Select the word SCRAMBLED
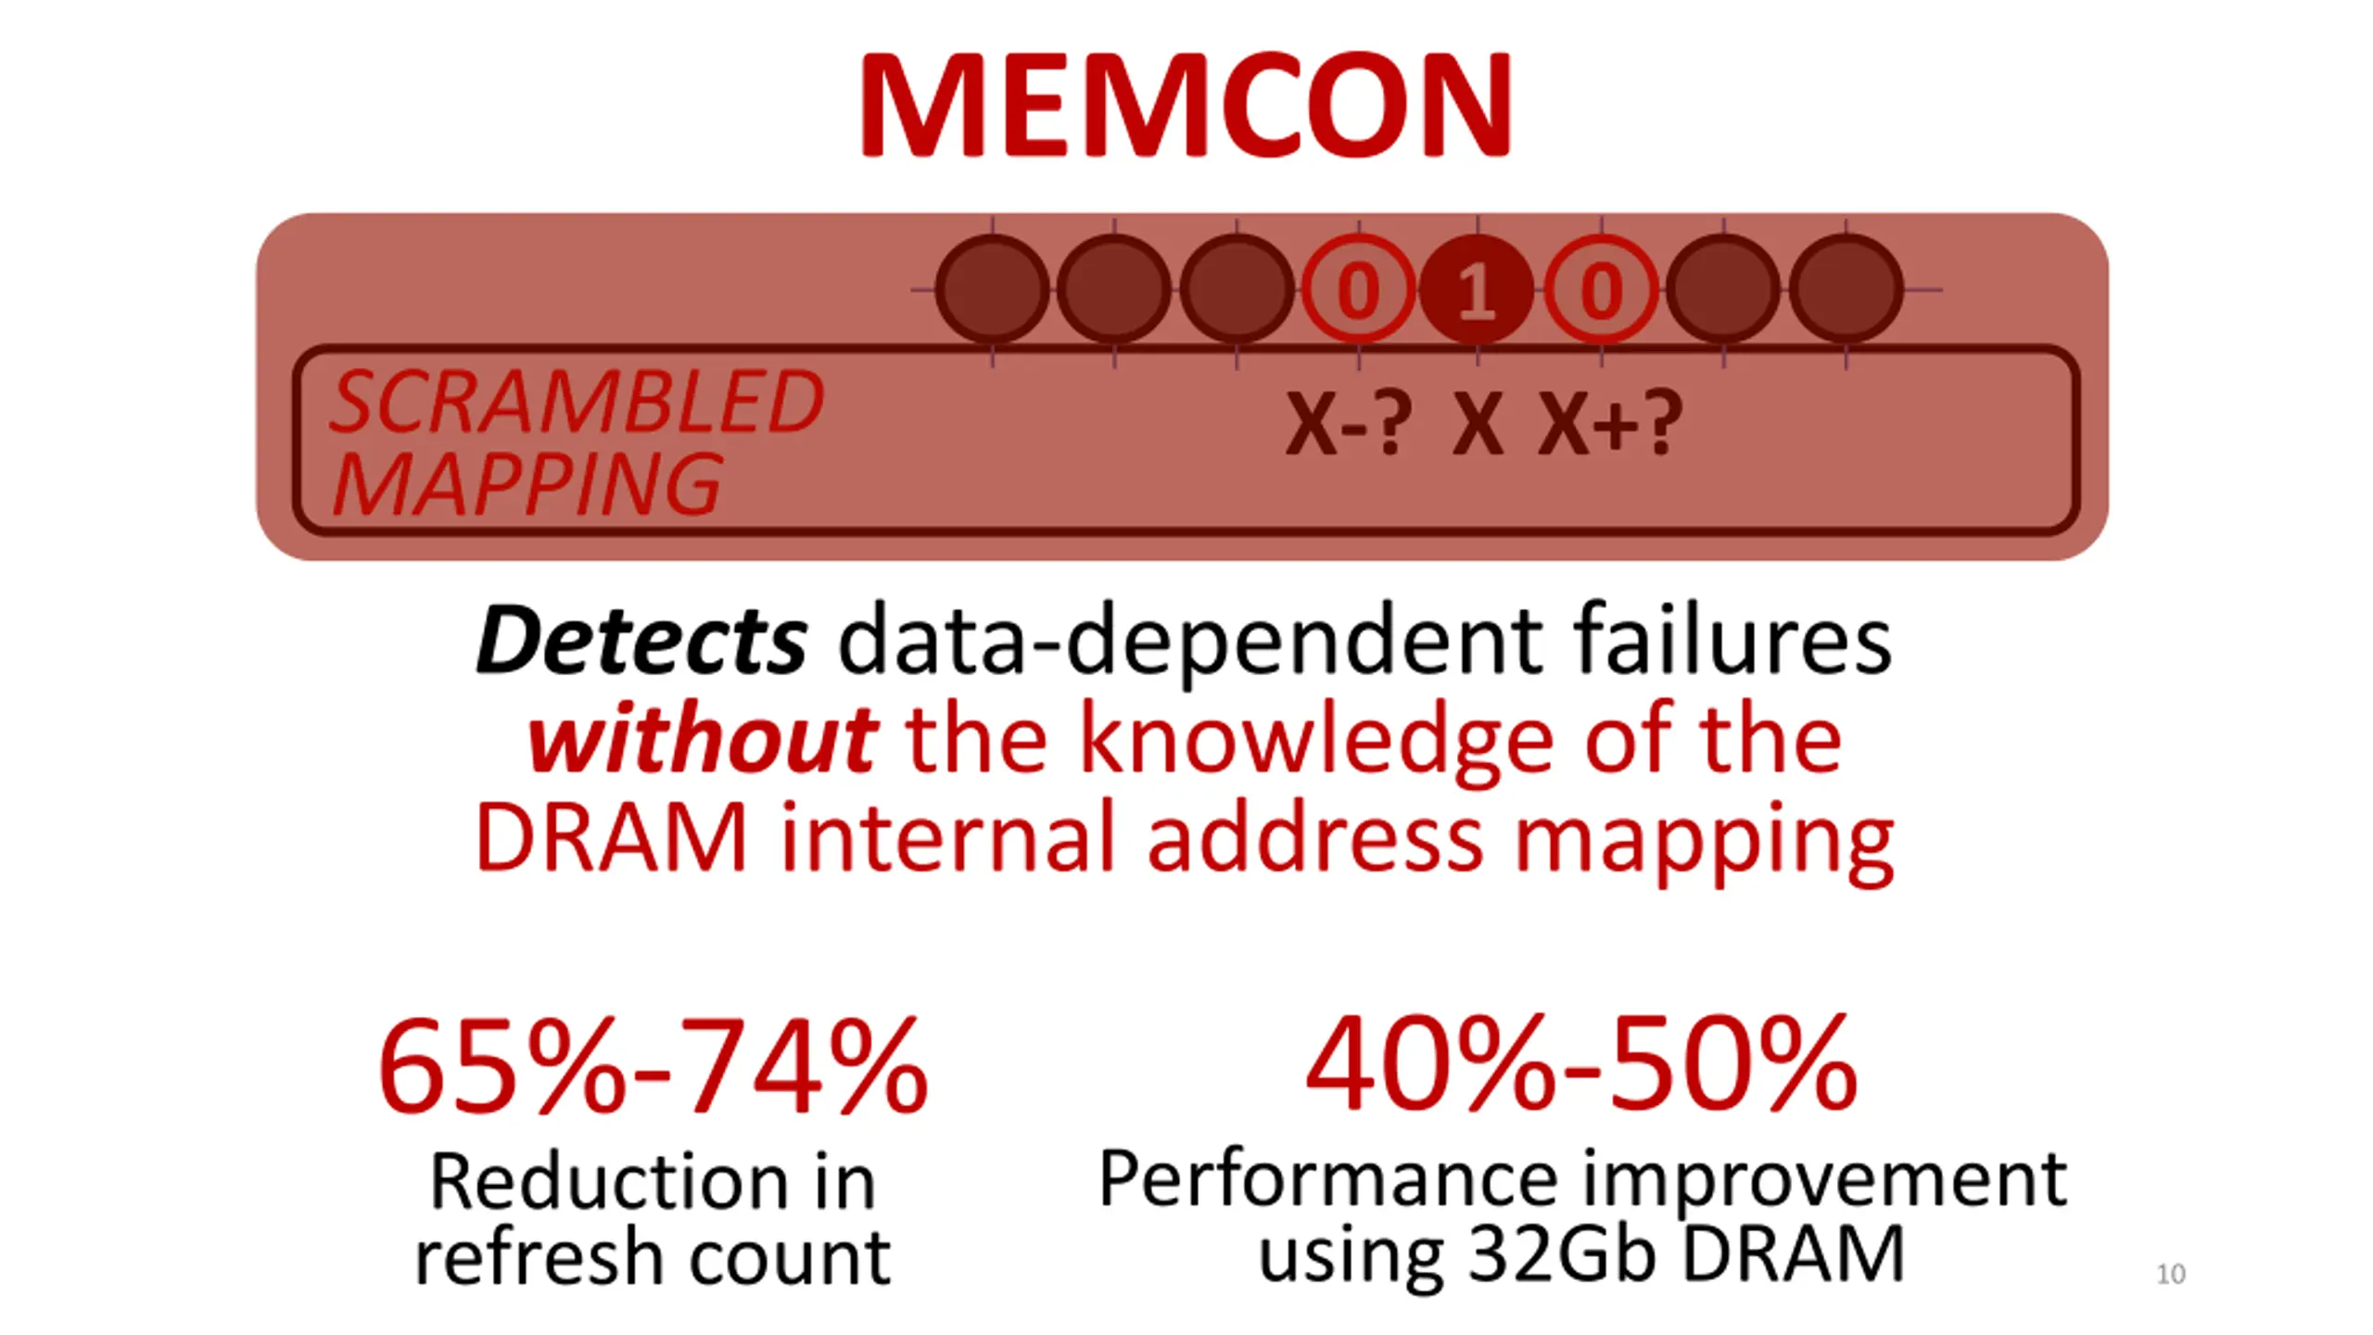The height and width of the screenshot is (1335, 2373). pyautogui.click(x=577, y=401)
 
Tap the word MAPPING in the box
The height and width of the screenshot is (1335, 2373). pyautogui.click(x=527, y=484)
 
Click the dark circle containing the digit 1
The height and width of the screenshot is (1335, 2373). pyautogui.click(x=1477, y=290)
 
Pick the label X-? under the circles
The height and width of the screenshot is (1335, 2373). pyautogui.click(x=1349, y=424)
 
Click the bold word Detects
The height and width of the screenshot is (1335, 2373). pyautogui.click(x=641, y=640)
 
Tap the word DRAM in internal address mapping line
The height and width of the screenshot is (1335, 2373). pyautogui.click(x=611, y=837)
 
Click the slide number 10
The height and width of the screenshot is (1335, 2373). pyautogui.click(x=2171, y=1274)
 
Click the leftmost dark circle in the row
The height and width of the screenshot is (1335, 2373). pyautogui.click(x=992, y=290)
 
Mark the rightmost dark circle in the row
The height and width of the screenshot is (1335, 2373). pyautogui.click(x=1846, y=290)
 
